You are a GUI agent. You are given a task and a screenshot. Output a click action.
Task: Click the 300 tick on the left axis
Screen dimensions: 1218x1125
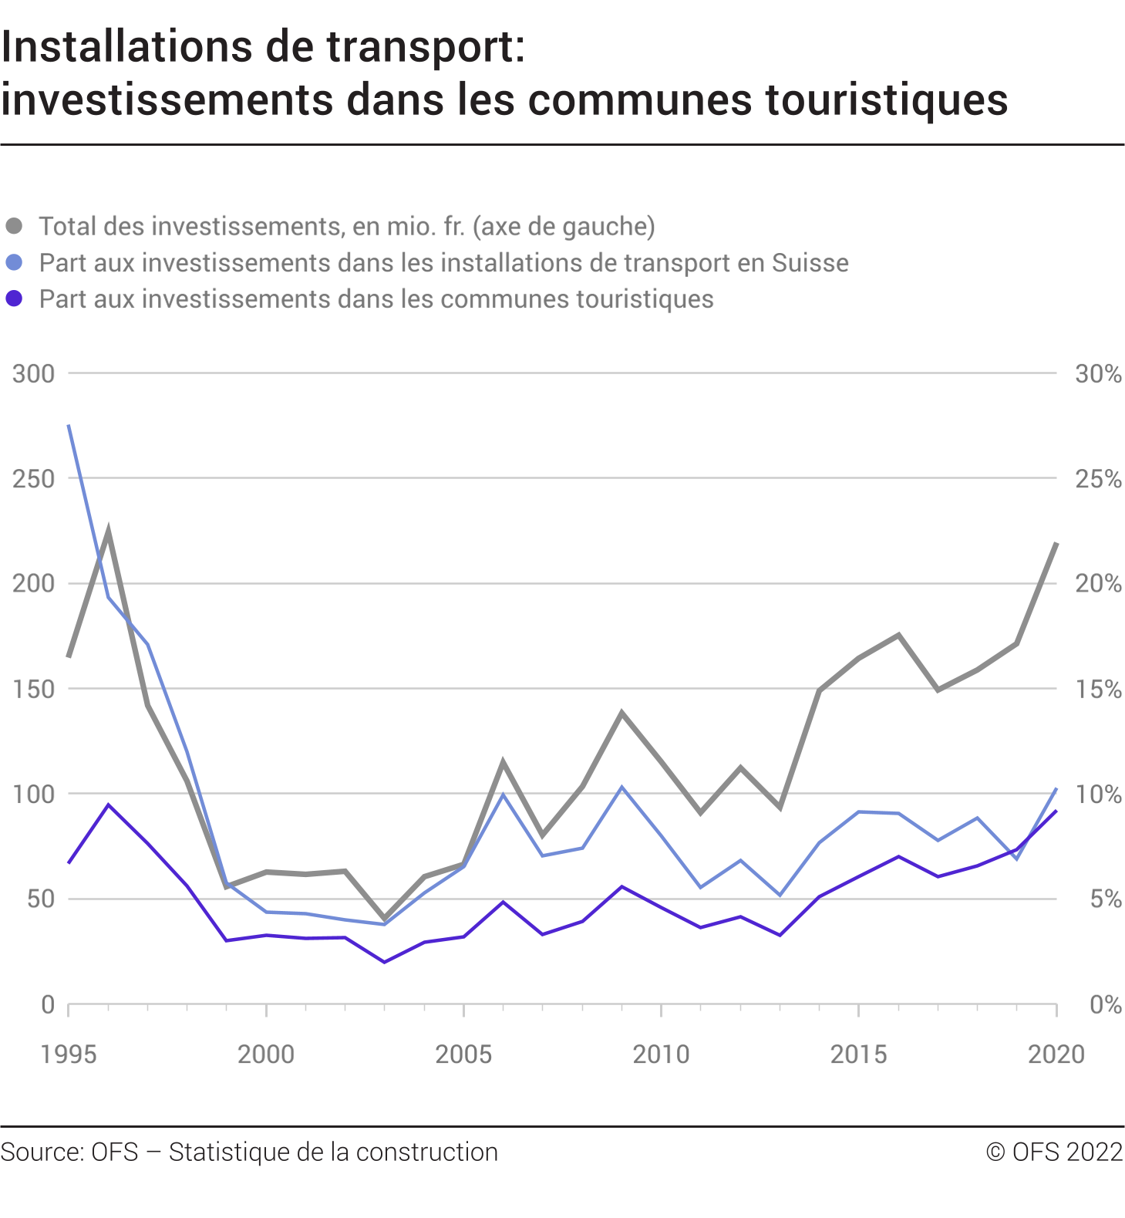coord(34,374)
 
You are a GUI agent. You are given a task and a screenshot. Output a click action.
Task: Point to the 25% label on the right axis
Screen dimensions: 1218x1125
coord(1098,479)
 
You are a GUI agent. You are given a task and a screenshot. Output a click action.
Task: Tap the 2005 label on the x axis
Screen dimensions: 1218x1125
coord(463,1054)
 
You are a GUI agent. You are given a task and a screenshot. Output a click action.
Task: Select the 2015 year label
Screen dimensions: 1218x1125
coord(858,1054)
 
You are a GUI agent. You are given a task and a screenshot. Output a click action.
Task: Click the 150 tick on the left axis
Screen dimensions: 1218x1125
coord(34,690)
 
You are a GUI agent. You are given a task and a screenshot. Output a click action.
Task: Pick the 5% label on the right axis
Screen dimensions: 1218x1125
coord(1104,899)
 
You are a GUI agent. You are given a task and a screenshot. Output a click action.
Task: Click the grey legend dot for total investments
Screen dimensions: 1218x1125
coord(14,226)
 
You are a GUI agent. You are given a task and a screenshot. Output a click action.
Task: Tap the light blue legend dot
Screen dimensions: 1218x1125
coord(14,262)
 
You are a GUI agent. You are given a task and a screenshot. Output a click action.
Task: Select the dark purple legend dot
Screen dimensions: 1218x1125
coord(14,299)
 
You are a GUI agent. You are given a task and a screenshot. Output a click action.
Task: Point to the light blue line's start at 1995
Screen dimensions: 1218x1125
coord(69,425)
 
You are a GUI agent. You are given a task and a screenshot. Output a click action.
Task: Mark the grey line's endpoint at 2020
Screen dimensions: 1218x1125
coord(1056,544)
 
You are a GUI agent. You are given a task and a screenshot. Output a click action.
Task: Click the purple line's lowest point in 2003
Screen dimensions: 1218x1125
coord(385,962)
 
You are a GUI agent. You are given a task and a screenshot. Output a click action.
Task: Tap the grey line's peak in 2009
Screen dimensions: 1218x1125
coord(621,713)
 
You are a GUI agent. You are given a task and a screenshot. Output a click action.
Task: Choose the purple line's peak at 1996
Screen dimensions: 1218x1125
coord(108,805)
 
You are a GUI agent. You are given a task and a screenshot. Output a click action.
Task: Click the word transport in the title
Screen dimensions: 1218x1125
coord(416,48)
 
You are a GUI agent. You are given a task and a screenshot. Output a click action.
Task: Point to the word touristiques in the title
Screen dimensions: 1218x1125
coord(886,100)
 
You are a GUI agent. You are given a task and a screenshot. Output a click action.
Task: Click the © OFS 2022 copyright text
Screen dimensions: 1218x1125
coord(1054,1152)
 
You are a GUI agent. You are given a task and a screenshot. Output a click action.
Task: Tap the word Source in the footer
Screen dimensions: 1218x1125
coord(42,1152)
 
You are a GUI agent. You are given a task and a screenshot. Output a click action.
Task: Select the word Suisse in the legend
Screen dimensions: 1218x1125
coord(810,263)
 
